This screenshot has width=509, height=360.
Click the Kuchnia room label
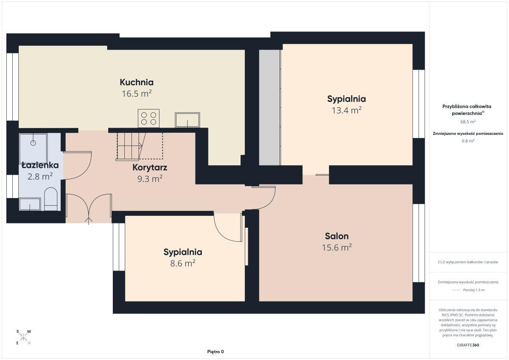[137, 82]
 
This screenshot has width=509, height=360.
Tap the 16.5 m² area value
[137, 94]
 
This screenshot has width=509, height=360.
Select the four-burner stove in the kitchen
[148, 118]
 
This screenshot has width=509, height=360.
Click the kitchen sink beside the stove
[187, 120]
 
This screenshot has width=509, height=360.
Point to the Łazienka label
[40, 165]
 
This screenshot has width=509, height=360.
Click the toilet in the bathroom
[50, 199]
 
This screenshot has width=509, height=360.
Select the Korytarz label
[150, 167]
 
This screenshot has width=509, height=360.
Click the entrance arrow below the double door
[89, 221]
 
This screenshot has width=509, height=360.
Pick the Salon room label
[336, 236]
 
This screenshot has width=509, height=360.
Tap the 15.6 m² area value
[336, 247]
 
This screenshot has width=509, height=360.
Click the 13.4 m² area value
[347, 110]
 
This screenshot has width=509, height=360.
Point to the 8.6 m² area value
[183, 263]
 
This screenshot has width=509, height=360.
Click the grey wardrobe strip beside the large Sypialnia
[269, 107]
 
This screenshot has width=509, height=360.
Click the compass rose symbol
[23, 337]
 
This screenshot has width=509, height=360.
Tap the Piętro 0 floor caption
[215, 352]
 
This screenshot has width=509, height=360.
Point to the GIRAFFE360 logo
[468, 345]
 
